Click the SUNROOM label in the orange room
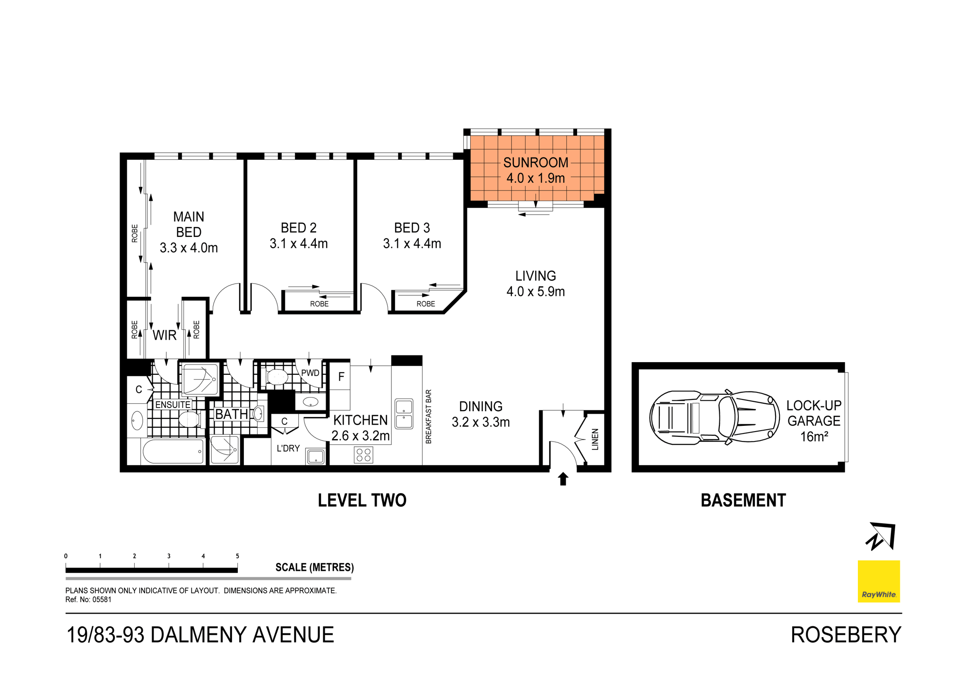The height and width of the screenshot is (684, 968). click(x=535, y=163)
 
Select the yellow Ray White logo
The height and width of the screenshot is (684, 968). click(x=878, y=581)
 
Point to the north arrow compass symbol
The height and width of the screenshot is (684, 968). click(x=881, y=536)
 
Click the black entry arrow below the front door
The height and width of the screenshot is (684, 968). click(x=562, y=479)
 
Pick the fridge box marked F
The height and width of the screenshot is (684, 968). click(x=341, y=377)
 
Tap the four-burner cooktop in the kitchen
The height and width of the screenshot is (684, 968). click(x=363, y=455)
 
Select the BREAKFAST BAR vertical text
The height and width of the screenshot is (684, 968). click(x=429, y=416)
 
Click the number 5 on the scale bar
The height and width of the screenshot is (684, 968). click(x=237, y=556)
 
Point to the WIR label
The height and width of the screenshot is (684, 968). click(x=164, y=335)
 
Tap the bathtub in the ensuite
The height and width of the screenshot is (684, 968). click(x=173, y=451)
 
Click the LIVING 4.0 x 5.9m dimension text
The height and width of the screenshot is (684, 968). click(x=535, y=291)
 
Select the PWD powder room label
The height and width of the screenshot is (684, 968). click(x=310, y=373)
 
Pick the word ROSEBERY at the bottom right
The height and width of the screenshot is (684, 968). click(x=846, y=635)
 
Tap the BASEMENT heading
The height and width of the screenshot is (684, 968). click(x=743, y=500)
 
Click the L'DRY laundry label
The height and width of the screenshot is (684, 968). click(x=288, y=448)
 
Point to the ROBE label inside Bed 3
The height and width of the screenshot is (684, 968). click(x=425, y=304)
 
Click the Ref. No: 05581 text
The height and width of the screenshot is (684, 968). click(x=88, y=600)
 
